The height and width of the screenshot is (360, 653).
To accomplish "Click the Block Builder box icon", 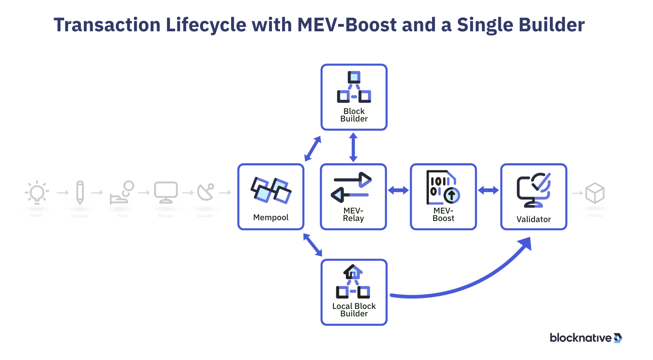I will click(354, 87).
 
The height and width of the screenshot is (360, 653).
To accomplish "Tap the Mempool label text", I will click(271, 218).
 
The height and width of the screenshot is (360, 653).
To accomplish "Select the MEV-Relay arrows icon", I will click(351, 187).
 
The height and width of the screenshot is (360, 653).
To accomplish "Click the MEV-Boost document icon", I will click(443, 187).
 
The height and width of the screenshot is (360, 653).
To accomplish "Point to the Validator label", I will click(533, 220).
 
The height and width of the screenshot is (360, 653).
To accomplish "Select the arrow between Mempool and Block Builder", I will click(312, 149).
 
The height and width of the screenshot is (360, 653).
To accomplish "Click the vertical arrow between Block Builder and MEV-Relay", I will click(353, 147).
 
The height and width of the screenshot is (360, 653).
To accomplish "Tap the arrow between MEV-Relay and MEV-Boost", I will click(398, 190).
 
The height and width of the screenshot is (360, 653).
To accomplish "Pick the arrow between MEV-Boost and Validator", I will click(488, 190).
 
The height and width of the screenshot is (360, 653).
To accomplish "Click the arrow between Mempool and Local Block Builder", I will click(312, 245).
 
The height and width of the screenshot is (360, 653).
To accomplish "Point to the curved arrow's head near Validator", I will click(526, 244).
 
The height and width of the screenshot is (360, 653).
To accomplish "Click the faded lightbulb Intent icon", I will click(37, 193).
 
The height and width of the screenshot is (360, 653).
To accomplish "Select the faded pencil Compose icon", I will click(80, 192).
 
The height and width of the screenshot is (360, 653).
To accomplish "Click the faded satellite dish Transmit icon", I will click(205, 192).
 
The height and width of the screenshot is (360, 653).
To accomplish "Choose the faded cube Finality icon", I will click(594, 193).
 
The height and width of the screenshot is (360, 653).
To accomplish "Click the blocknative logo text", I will click(580, 338).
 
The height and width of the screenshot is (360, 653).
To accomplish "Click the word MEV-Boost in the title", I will click(347, 25).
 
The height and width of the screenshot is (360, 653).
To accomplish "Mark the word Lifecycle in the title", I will click(206, 25).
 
